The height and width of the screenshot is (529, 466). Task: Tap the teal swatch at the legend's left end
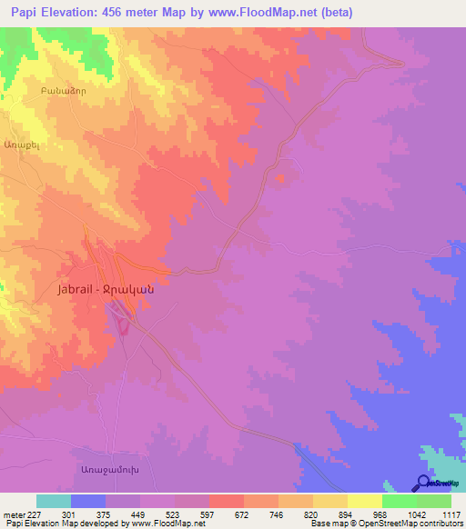pos(54,501)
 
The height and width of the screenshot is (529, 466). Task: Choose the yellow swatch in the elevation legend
pos(364,501)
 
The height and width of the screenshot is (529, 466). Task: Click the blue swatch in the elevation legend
pos(88,501)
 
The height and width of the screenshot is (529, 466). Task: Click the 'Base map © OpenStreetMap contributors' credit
pos(387,524)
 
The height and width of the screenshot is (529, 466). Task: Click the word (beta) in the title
pos(335,13)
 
